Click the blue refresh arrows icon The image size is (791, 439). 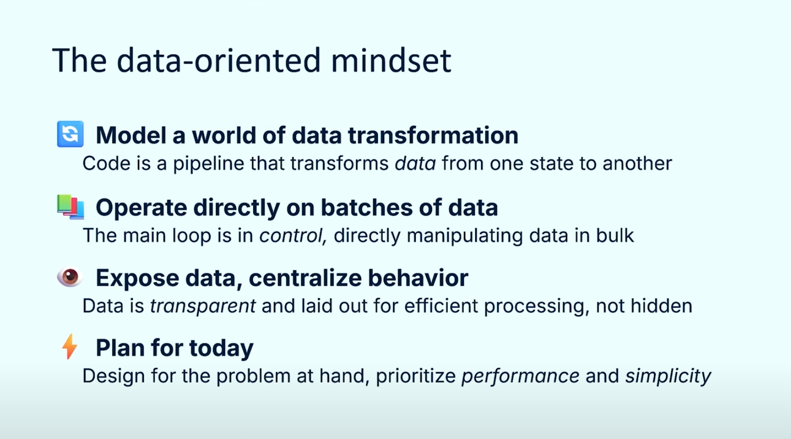click(71, 134)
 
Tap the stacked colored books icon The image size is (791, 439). click(71, 207)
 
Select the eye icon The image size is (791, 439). click(70, 277)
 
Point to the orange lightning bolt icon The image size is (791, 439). click(69, 346)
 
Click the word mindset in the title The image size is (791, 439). click(391, 60)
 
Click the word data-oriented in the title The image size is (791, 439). click(218, 60)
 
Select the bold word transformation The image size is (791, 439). click(433, 135)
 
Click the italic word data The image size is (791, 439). click(415, 164)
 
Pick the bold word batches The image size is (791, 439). click(366, 208)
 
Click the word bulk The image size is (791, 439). click(615, 236)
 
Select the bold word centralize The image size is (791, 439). click(305, 278)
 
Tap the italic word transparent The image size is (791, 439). click(203, 306)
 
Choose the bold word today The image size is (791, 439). click(222, 348)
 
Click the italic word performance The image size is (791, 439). click(520, 376)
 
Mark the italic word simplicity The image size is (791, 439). click(668, 376)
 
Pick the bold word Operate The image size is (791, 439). click(141, 208)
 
